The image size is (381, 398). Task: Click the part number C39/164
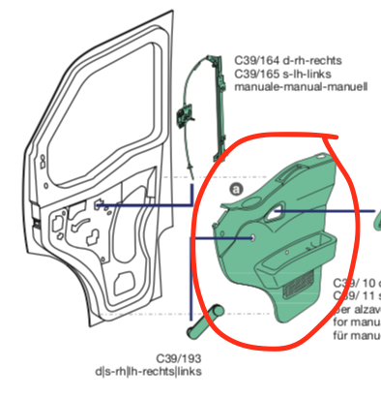[x=259, y=58]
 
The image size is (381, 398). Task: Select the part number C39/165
[x=259, y=73]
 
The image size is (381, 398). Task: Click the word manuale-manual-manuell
[x=302, y=87]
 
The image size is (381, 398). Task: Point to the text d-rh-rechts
[x=318, y=58]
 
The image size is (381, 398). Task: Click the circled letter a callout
[x=235, y=191]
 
